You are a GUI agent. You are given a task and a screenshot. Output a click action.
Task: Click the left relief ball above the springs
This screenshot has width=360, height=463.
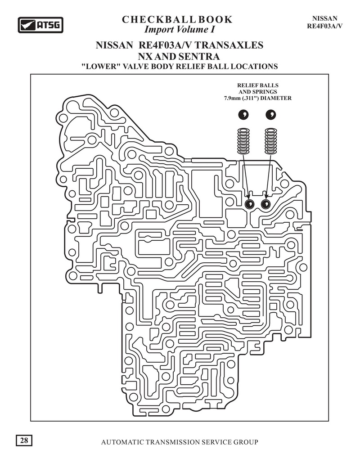coord(243,115)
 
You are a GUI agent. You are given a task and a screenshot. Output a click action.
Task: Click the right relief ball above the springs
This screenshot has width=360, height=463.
coord(271,115)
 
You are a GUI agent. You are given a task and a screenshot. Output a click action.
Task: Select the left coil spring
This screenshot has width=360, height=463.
coord(243,140)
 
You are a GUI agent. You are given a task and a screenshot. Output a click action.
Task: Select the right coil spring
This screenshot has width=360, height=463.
coord(271,140)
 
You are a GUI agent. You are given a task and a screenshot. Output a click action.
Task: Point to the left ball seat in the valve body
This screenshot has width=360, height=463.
coord(249,205)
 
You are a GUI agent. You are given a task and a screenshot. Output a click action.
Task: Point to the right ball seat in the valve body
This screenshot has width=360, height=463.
coord(265,205)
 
